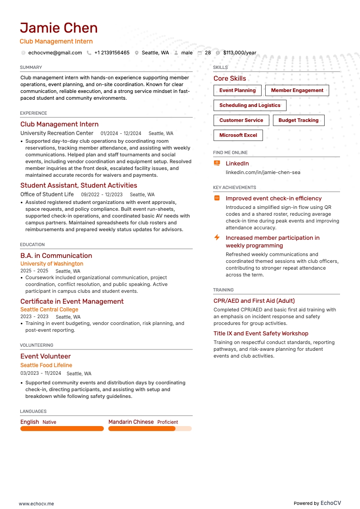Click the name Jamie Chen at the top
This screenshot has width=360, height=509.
pos(59,28)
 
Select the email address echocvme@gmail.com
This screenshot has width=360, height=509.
pos(55,53)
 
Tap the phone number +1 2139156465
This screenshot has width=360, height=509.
pos(112,53)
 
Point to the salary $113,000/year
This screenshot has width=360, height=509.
pos(239,53)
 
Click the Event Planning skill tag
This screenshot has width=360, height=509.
pos(238,91)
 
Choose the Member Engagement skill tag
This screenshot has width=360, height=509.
pos(297,91)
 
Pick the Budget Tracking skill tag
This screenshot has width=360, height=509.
pos(298,121)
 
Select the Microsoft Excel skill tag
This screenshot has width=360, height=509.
pos(238,136)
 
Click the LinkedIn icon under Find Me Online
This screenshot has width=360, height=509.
pos(217,163)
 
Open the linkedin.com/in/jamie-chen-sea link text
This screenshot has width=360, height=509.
pos(263,172)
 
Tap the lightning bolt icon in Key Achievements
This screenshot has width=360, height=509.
pos(217,238)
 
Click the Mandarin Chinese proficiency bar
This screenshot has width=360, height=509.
pos(150,429)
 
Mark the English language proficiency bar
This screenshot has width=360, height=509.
pos(62,429)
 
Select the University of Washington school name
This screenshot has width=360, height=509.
pos(52,264)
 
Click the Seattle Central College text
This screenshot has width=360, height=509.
pos(49,310)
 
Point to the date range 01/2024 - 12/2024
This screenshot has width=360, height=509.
pos(121,134)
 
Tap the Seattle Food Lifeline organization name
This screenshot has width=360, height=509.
pos(46,365)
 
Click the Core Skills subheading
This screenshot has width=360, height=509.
pos(230,78)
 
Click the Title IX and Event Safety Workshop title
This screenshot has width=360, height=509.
pos(261,334)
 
